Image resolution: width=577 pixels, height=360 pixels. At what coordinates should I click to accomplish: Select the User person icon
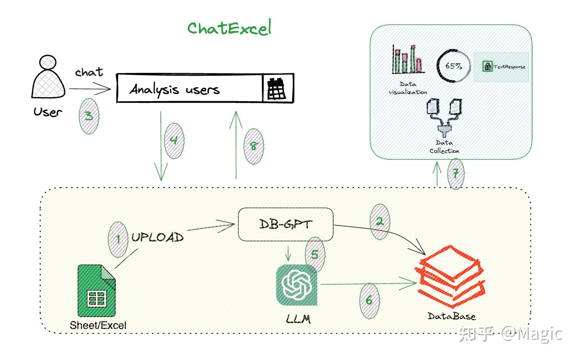pyautogui.click(x=48, y=78)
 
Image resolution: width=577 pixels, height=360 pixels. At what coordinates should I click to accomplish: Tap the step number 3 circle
pyautogui.click(x=89, y=116)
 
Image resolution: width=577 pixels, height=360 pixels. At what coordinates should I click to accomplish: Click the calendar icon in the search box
pyautogui.click(x=277, y=88)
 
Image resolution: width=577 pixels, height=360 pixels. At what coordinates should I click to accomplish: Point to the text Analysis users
pyautogui.click(x=174, y=89)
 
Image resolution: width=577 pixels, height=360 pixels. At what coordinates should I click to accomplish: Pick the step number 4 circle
pyautogui.click(x=174, y=141)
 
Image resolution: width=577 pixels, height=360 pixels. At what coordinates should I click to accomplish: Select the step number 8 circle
pyautogui.click(x=253, y=146)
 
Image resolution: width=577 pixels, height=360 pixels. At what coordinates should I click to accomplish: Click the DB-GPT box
pyautogui.click(x=285, y=224)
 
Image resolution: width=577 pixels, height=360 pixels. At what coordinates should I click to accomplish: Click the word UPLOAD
pyautogui.click(x=158, y=238)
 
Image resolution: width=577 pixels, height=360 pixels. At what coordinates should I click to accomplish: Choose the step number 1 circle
pyautogui.click(x=118, y=239)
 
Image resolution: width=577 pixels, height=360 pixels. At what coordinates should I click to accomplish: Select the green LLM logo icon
pyautogui.click(x=297, y=285)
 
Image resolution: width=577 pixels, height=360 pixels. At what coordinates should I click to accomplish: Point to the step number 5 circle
pyautogui.click(x=315, y=254)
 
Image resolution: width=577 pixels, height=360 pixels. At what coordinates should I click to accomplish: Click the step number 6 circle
pyautogui.click(x=369, y=300)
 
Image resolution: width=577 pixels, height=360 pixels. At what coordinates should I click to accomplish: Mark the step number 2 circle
pyautogui.click(x=380, y=222)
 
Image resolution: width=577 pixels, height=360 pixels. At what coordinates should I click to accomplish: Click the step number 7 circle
pyautogui.click(x=456, y=174)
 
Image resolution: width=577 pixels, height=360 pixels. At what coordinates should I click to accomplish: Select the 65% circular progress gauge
pyautogui.click(x=453, y=66)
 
